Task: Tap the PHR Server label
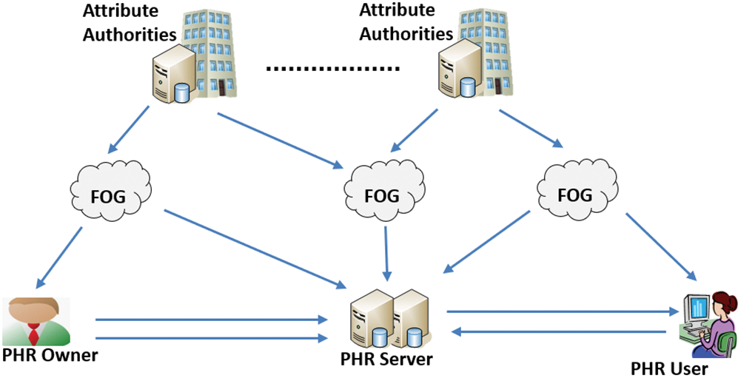click(386, 359)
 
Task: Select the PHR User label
click(670, 368)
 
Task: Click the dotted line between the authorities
click(333, 69)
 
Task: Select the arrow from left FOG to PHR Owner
click(58, 257)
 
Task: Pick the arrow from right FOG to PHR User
click(661, 247)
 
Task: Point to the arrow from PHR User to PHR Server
click(559, 331)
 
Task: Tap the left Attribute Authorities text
click(130, 22)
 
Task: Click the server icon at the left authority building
click(173, 75)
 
